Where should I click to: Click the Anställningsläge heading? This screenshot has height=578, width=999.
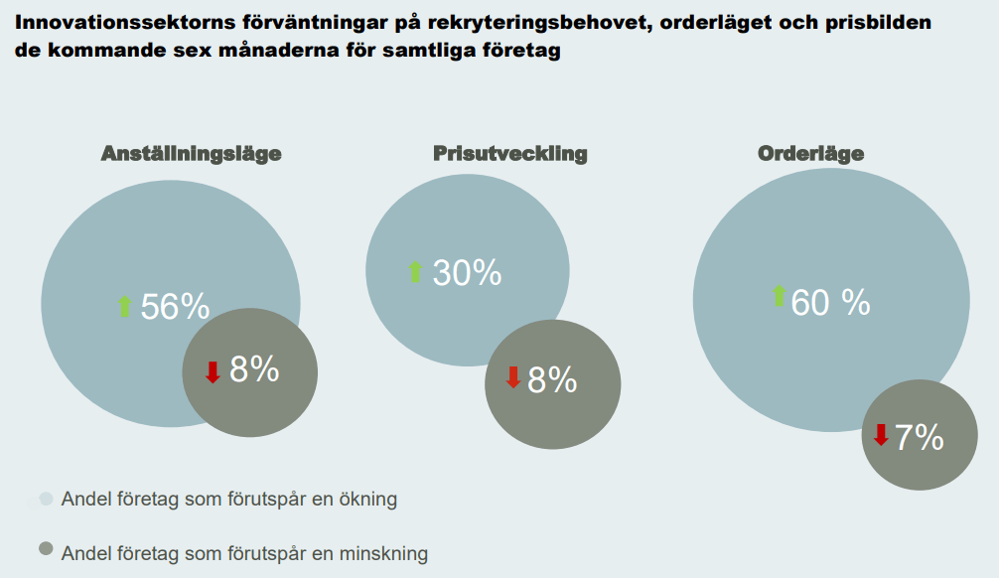pyautogui.click(x=191, y=154)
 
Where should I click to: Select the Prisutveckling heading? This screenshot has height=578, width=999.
pyautogui.click(x=509, y=154)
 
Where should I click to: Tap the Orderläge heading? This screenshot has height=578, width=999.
pyautogui.click(x=810, y=154)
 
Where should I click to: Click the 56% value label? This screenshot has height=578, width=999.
pyautogui.click(x=175, y=307)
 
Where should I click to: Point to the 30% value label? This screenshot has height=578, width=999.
pyautogui.click(x=467, y=272)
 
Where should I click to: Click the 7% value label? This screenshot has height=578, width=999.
pyautogui.click(x=919, y=437)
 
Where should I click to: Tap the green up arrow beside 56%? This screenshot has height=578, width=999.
pyautogui.click(x=124, y=306)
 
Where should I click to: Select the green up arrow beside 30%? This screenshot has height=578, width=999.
pyautogui.click(x=415, y=271)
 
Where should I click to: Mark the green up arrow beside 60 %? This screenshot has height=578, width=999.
pyautogui.click(x=779, y=296)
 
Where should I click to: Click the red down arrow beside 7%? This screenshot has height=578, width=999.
pyautogui.click(x=880, y=435)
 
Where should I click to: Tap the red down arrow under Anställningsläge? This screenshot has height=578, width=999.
pyautogui.click(x=212, y=371)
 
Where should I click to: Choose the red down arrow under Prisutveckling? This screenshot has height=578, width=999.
pyautogui.click(x=512, y=377)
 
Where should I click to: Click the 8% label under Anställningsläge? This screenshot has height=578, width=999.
pyautogui.click(x=254, y=369)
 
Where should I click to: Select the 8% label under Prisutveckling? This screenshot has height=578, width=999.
pyautogui.click(x=552, y=379)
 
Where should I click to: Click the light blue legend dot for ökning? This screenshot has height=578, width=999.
pyautogui.click(x=45, y=500)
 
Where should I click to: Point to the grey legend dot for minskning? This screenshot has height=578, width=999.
pyautogui.click(x=45, y=550)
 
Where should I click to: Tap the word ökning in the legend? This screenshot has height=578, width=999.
pyautogui.click(x=365, y=500)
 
